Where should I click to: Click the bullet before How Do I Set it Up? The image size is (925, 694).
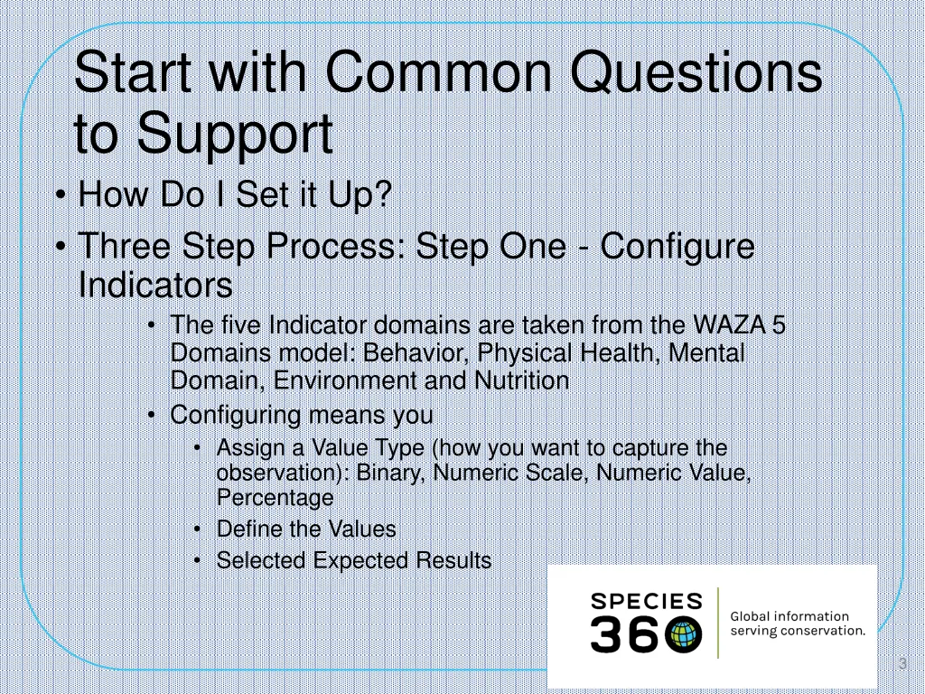(61, 195)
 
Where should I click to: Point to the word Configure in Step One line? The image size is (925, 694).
(677, 247)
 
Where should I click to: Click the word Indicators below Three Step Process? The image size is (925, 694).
(155, 286)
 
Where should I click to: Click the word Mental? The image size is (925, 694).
(707, 352)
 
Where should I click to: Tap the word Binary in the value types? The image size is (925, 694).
(387, 473)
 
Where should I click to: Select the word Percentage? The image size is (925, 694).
(275, 497)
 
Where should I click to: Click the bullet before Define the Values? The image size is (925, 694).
(198, 530)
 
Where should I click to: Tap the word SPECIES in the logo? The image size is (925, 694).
(647, 602)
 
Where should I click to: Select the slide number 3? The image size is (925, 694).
(902, 664)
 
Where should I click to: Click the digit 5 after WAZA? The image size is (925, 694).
(779, 324)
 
